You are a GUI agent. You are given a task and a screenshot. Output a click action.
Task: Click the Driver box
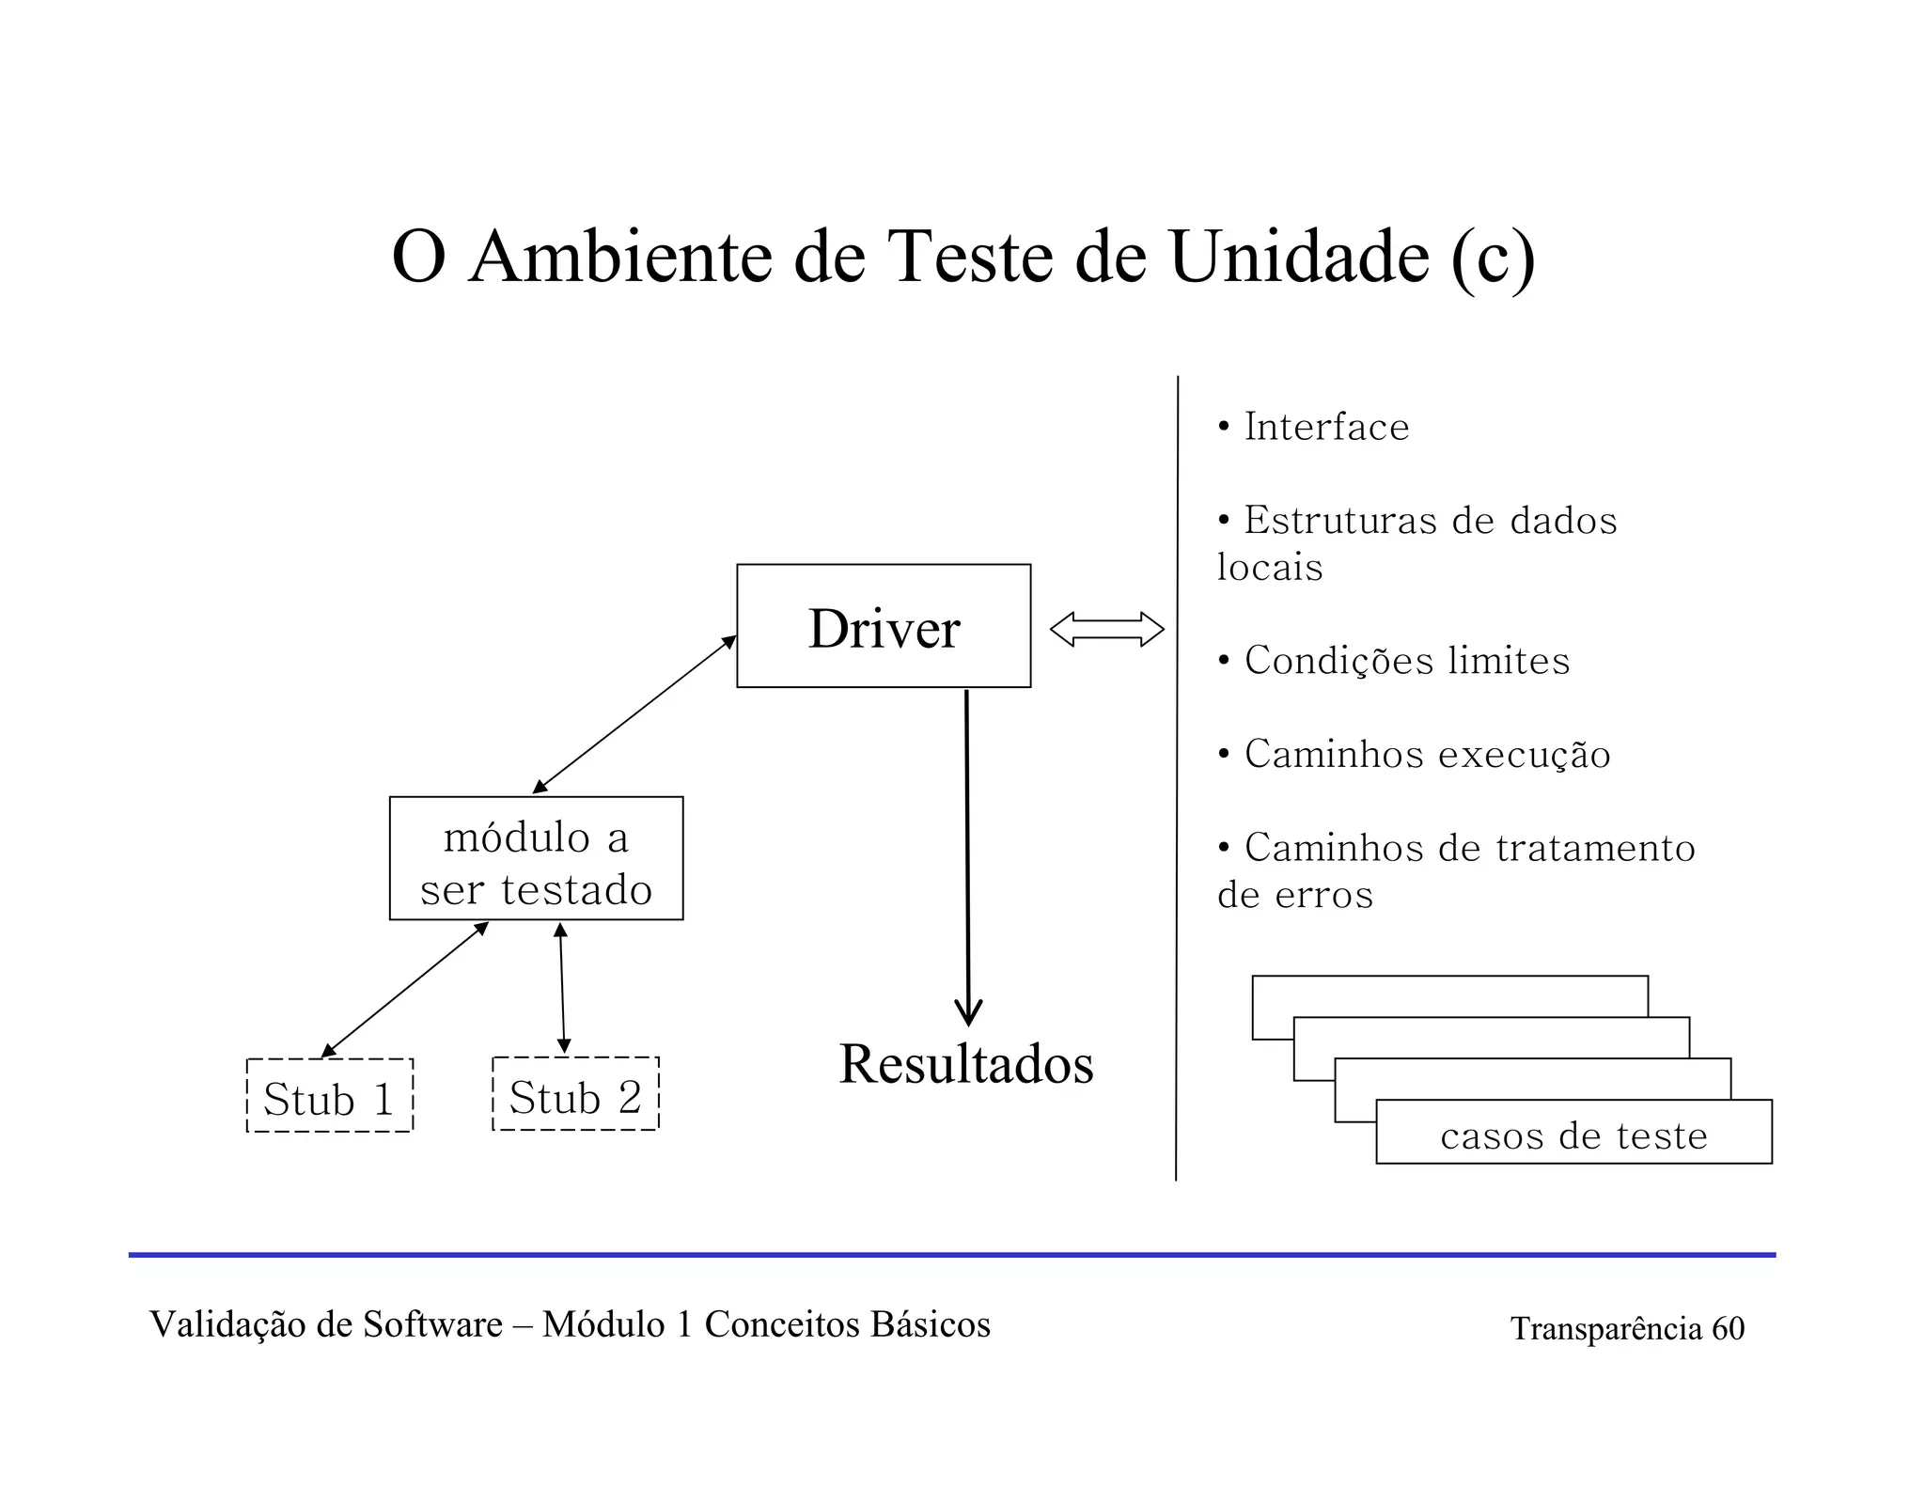click(883, 626)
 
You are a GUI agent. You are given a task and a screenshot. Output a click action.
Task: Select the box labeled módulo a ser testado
click(536, 858)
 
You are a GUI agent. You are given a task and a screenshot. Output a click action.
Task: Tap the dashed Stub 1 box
click(329, 1096)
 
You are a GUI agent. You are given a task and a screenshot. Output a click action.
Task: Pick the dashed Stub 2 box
click(575, 1094)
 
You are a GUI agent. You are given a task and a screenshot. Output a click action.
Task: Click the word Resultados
click(966, 1064)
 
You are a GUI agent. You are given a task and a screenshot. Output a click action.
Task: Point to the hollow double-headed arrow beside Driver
click(1106, 629)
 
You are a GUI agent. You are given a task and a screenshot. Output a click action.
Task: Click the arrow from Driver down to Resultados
click(967, 855)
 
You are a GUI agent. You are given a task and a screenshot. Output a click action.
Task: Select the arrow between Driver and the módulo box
click(634, 714)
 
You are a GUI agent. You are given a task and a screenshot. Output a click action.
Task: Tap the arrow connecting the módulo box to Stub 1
click(405, 990)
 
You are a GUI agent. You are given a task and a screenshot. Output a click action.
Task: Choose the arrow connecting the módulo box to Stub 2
click(562, 988)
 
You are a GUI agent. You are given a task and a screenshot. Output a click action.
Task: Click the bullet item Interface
click(1326, 428)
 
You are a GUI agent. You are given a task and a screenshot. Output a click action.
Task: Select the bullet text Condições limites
click(1406, 661)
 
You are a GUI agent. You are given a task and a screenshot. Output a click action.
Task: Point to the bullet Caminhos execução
click(1427, 755)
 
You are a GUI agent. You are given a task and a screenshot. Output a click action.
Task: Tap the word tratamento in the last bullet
click(1595, 848)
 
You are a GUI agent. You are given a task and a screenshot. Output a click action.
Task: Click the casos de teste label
click(1573, 1136)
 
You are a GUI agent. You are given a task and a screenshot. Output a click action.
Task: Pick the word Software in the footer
click(432, 1324)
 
